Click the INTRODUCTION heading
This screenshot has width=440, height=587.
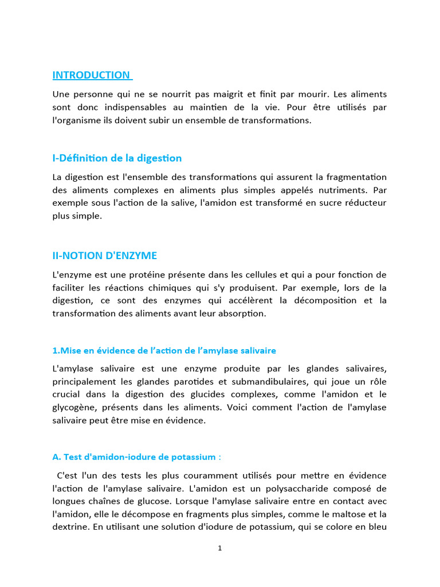coord(92,75)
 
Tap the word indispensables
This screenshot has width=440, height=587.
coord(131,107)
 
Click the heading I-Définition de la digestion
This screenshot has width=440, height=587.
coord(117,158)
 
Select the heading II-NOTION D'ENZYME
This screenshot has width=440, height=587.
coord(104,256)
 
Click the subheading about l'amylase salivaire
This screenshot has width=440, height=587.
coord(164,350)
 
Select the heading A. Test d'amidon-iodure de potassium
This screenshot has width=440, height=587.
coord(136,457)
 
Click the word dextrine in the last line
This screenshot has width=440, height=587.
coord(70,527)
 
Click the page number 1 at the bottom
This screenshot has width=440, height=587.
coord(220,549)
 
